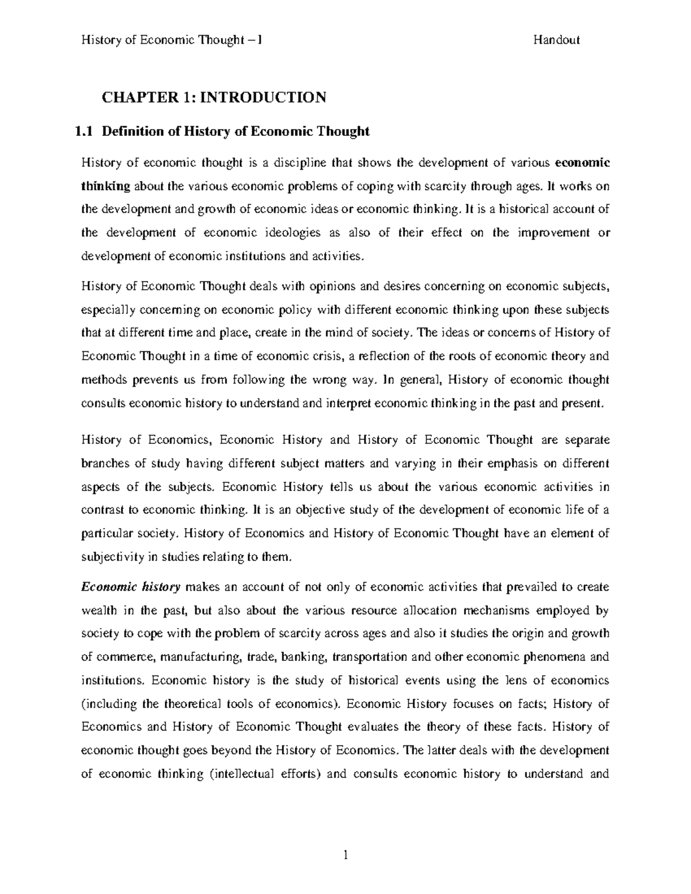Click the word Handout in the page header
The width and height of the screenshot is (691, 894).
[x=556, y=40]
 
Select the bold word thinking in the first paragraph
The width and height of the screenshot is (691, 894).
[x=107, y=186]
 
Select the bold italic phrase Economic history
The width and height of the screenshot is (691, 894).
[x=131, y=587]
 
